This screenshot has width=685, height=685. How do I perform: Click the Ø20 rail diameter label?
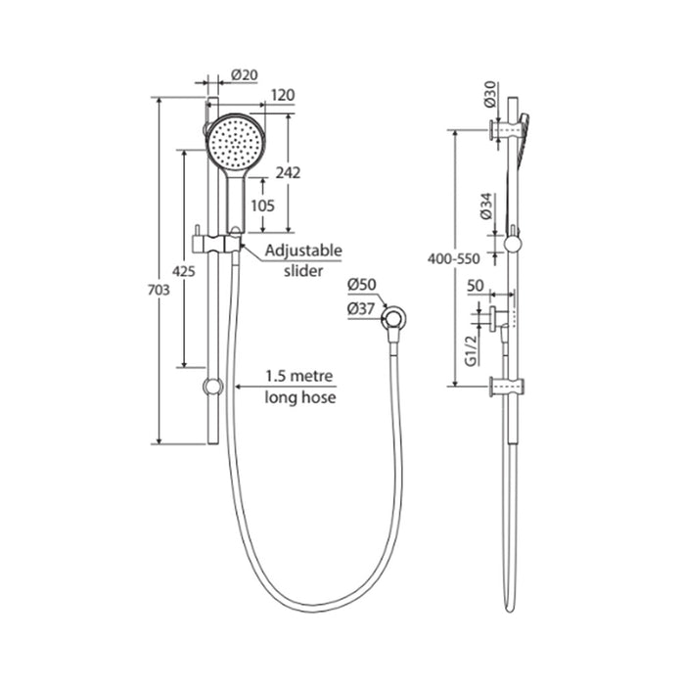click(245, 75)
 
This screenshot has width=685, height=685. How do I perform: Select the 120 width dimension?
click(283, 95)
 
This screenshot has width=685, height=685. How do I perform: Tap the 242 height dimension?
click(288, 173)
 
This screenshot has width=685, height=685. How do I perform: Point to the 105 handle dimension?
click(262, 205)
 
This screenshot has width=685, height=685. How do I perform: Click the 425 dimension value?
click(184, 271)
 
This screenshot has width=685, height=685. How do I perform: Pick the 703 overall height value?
click(159, 290)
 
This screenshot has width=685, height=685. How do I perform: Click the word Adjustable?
click(303, 251)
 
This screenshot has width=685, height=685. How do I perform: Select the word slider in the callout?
click(303, 271)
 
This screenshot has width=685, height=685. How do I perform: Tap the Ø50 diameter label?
click(362, 285)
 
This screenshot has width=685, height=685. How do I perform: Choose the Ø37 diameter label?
click(361, 309)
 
